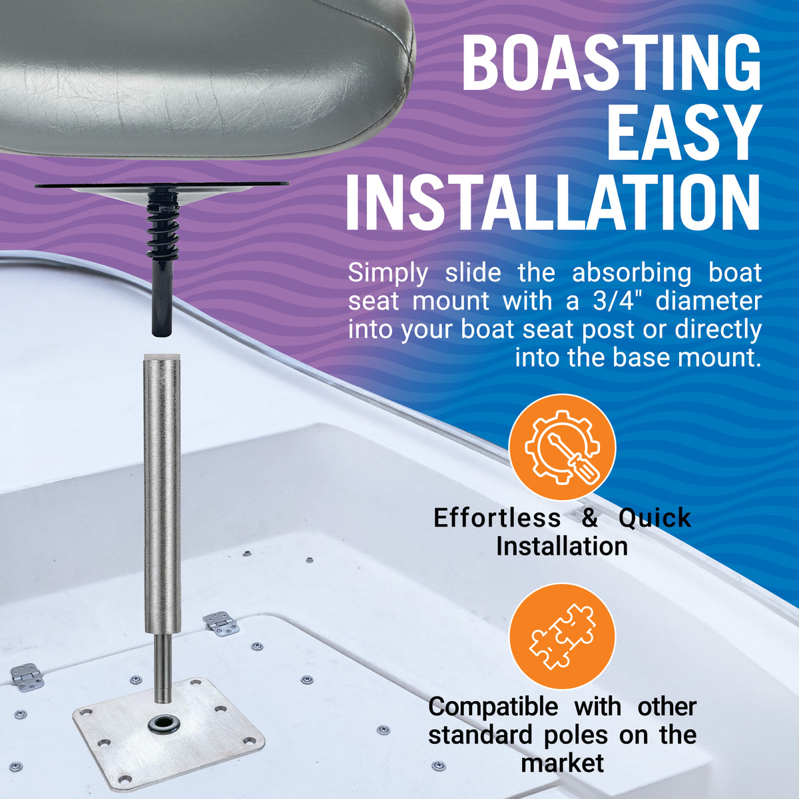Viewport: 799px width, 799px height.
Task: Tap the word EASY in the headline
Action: pos(684,131)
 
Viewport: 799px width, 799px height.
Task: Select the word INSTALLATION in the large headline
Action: pos(553,200)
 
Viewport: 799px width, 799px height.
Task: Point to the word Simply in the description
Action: pos(388,272)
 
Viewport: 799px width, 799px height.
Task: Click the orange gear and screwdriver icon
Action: pos(562,447)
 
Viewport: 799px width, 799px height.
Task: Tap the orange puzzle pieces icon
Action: pos(562,636)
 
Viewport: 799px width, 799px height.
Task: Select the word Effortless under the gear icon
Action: pos(497,517)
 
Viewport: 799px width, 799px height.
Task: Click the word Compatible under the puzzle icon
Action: pos(493,706)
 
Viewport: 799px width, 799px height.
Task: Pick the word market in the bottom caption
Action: pos(563,762)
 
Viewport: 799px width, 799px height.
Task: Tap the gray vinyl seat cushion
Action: pos(200,73)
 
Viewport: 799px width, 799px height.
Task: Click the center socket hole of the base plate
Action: pos(162,724)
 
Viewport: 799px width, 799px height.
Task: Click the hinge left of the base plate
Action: pos(27,676)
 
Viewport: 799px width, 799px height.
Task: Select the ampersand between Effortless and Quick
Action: pos(590,517)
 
